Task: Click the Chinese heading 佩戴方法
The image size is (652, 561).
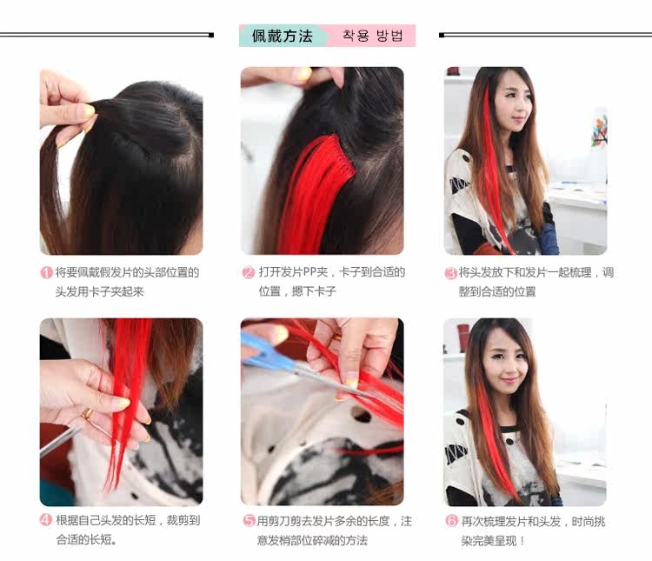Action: click(x=282, y=36)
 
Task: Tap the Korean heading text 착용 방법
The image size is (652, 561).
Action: click(x=373, y=36)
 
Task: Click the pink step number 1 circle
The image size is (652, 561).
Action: click(x=46, y=272)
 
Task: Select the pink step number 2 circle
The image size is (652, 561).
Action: click(x=249, y=272)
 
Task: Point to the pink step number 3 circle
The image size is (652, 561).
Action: click(x=451, y=273)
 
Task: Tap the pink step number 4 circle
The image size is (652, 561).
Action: click(x=46, y=520)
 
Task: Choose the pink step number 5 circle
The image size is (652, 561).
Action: click(x=249, y=520)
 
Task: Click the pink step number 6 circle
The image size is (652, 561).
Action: click(x=452, y=521)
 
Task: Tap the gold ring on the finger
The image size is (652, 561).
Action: click(x=87, y=413)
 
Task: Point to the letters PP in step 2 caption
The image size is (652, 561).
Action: click(x=309, y=272)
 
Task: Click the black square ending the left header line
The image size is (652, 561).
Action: click(x=211, y=36)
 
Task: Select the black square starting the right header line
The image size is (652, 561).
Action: click(x=442, y=36)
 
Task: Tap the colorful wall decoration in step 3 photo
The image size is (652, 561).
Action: click(x=599, y=129)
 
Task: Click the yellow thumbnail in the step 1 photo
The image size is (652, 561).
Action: click(x=89, y=110)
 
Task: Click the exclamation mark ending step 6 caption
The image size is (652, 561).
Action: click(x=522, y=541)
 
